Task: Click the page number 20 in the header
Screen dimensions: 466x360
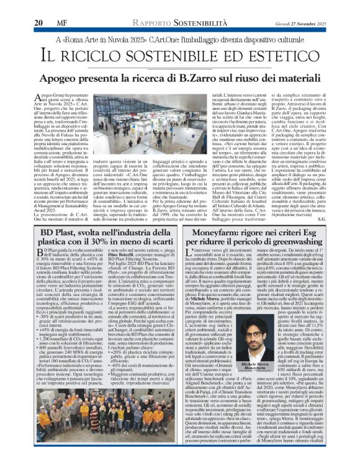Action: [x=38, y=6]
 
